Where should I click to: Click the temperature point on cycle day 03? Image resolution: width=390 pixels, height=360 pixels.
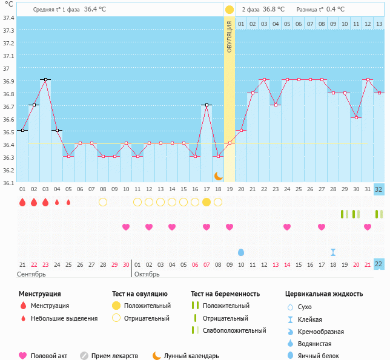(45, 79)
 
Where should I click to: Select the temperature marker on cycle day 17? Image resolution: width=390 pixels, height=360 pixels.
(207, 105)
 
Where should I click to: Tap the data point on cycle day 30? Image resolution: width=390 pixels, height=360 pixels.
(356, 117)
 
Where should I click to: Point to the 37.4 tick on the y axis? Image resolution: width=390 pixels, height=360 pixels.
(8, 18)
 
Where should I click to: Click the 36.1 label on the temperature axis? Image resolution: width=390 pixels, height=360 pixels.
(8, 183)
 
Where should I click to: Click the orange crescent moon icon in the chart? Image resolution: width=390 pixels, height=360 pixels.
(218, 176)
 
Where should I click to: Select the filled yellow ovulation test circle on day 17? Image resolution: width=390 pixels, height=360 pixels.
(207, 202)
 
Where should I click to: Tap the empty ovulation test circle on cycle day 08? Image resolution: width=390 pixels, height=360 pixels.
(103, 202)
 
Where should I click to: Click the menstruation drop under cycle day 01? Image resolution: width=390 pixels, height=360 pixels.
(22, 202)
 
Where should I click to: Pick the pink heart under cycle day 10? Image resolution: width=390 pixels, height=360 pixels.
(126, 227)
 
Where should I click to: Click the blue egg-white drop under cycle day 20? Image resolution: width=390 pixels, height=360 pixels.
(241, 252)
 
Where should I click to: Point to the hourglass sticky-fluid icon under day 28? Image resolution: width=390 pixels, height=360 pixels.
(333, 252)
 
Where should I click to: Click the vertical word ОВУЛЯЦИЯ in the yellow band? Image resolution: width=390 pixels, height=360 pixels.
(230, 37)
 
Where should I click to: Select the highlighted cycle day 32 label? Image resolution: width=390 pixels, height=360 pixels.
(378, 189)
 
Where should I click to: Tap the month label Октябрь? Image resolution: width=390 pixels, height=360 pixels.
(147, 274)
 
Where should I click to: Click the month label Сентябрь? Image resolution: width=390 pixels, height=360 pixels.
(31, 274)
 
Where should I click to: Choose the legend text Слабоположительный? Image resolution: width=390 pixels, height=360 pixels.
(234, 330)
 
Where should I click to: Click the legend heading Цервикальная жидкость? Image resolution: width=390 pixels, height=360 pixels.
(324, 293)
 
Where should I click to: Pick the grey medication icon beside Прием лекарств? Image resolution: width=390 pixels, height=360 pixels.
(84, 356)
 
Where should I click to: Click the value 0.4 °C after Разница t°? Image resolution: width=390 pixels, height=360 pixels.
(335, 10)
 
